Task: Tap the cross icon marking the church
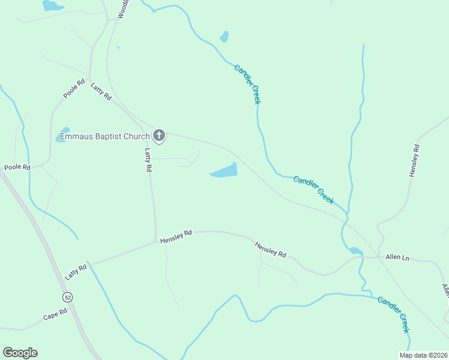pos(158,136)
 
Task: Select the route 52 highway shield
pos(67,298)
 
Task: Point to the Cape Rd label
pos(55,315)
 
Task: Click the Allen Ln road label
pos(397,257)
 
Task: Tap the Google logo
pos(20,353)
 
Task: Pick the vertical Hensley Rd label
pos(414,161)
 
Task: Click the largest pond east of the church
pos(224,172)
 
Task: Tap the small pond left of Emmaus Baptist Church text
pos(62,135)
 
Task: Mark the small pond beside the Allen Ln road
pos(355,251)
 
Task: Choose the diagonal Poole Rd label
pos(74,88)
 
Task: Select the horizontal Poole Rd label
pos(17,167)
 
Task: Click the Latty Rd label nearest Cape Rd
pos(76,272)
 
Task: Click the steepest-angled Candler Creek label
pos(248,85)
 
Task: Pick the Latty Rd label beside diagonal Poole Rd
pos(101,91)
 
